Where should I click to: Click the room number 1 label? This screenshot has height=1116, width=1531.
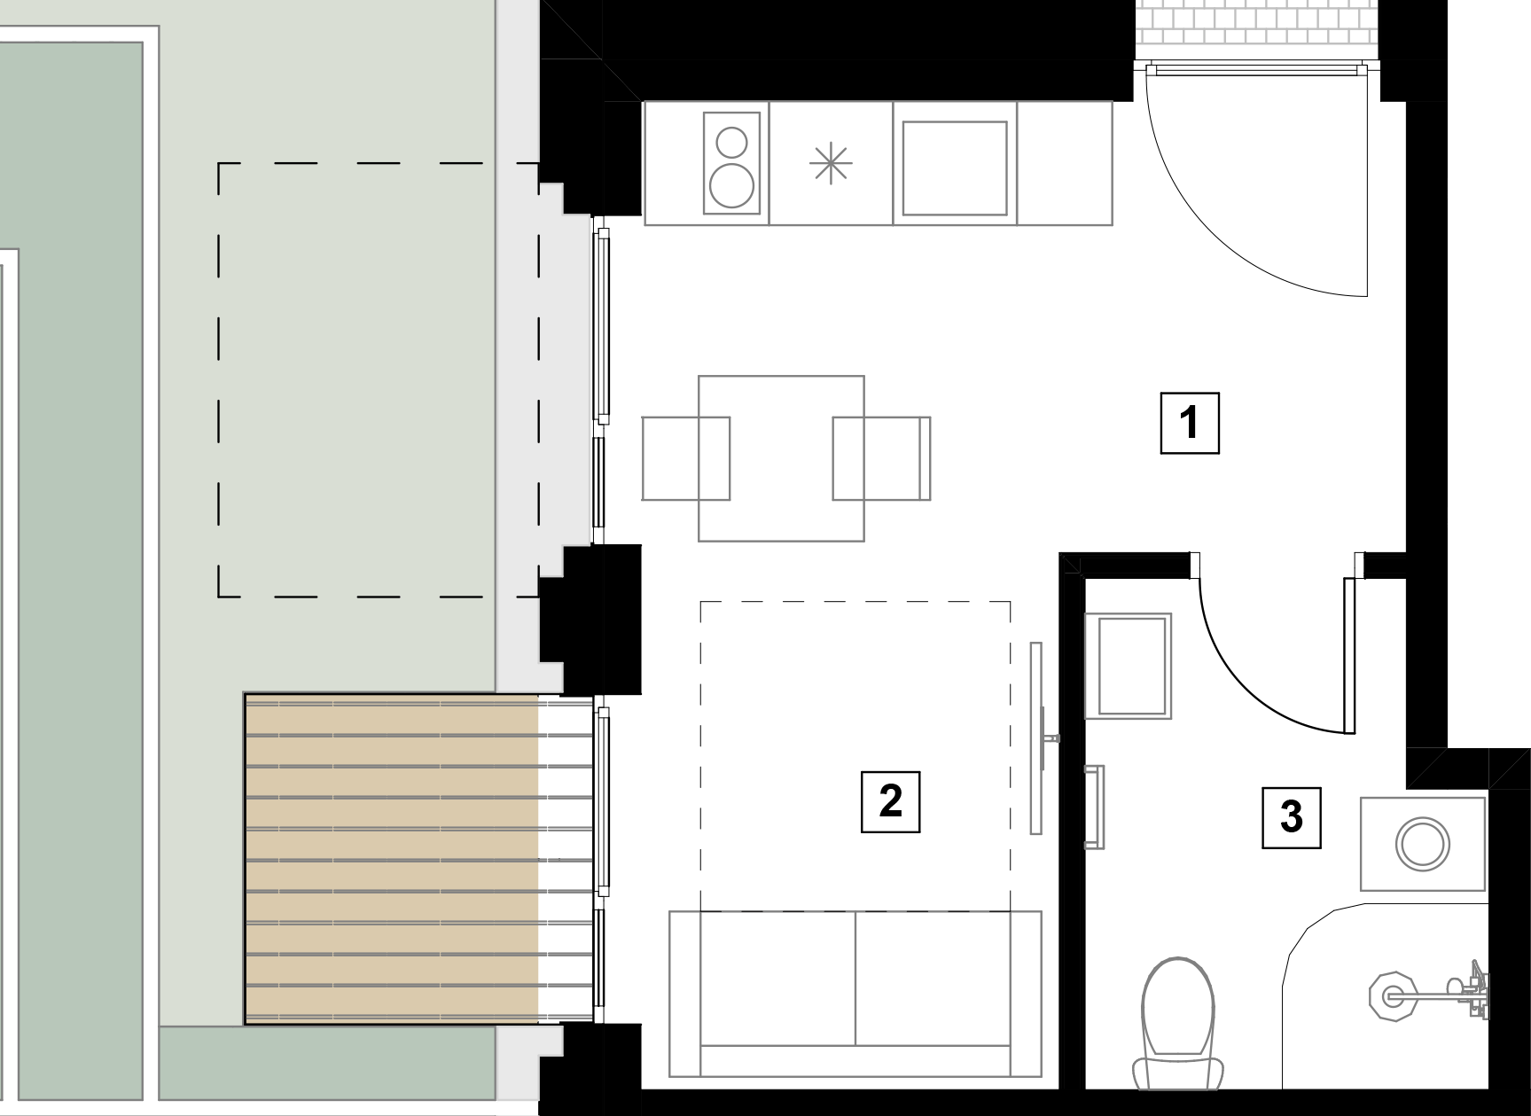1190,423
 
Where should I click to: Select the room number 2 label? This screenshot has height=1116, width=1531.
890,801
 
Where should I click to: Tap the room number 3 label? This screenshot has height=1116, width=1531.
1292,817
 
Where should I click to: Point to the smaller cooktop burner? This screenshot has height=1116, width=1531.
732,142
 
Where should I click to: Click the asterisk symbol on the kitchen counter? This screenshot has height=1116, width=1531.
831,165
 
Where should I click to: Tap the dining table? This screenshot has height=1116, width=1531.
781,458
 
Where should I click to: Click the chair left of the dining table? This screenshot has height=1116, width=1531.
685,458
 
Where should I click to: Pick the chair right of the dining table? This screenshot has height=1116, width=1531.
881,458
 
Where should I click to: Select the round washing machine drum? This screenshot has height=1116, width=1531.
1423,843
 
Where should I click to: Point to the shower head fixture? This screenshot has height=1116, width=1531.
1390,995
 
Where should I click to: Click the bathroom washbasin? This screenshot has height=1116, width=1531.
1128,665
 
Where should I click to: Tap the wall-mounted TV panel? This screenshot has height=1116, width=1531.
1035,737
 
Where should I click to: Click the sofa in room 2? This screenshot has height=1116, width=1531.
855,994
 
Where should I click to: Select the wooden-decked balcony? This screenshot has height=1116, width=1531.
418,859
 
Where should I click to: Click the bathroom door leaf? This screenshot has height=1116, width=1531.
1349,656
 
